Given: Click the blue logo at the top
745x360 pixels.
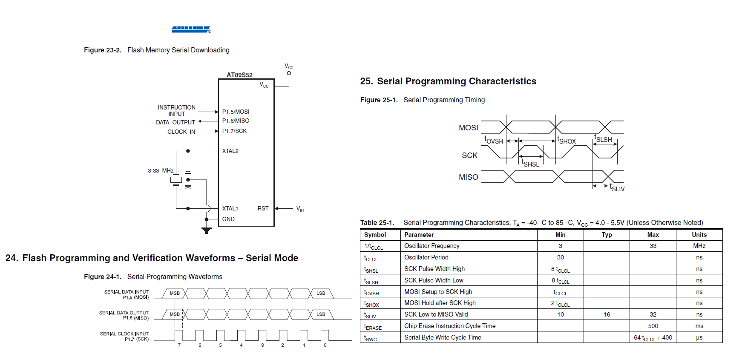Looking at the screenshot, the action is (191, 29).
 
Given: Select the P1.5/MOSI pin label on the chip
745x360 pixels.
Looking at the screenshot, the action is (236, 112).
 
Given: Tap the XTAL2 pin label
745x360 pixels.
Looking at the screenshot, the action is (230, 151).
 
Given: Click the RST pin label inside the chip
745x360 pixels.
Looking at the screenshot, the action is (263, 208).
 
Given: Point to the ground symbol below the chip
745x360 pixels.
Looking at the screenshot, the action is (207, 230).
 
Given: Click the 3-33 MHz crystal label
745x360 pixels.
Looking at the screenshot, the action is (161, 170).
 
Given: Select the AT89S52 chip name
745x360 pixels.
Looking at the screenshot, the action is (239, 75).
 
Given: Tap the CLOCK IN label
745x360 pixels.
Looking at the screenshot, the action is (181, 132).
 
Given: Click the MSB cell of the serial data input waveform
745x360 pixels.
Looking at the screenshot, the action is (175, 293).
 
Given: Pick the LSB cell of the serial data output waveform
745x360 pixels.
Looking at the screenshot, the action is (321, 314).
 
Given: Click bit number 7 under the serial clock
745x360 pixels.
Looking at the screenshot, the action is (179, 345).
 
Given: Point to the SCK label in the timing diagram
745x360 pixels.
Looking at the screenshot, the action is (469, 156).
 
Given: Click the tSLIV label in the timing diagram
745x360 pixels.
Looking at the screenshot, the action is (617, 187).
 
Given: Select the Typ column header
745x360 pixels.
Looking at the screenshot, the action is (607, 235).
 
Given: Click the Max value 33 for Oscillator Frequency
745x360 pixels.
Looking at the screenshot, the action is (653, 246).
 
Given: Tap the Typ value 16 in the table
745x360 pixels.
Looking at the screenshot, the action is (607, 314).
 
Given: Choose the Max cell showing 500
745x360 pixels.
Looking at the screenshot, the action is (653, 326).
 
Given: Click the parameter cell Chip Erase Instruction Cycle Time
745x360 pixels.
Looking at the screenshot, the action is (450, 326).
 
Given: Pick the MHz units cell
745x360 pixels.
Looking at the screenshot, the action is (699, 246).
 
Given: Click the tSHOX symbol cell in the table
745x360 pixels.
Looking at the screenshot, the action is (371, 304).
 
